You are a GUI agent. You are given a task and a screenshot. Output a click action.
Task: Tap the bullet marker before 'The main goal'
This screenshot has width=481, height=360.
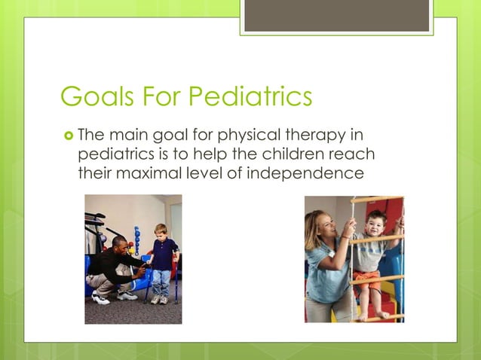tap(68, 136)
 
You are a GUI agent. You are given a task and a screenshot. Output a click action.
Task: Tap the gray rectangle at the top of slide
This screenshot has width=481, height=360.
tap(336, 16)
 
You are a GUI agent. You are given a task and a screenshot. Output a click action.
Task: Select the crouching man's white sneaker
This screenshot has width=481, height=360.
tap(100, 298)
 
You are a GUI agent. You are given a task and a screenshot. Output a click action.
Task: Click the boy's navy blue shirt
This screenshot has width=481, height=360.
tap(163, 254)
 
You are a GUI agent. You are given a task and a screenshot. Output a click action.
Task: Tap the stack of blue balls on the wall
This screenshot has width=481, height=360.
tap(137, 241)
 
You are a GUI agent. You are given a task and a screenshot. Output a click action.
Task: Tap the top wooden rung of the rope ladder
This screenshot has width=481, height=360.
tap(377, 200)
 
